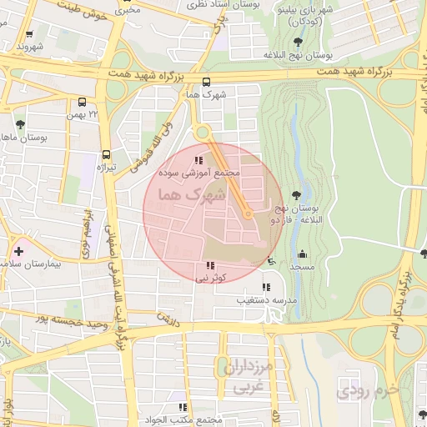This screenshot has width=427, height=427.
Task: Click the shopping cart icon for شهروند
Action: pos(30,35)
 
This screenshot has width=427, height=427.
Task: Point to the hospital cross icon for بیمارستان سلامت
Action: pos(18,250)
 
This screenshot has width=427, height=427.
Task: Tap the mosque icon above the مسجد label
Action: pos(301,254)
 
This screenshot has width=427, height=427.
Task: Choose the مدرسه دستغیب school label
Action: pos(266,299)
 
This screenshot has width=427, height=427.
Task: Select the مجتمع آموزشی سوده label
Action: pos(198,173)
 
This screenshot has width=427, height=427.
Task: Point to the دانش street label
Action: pos(168,318)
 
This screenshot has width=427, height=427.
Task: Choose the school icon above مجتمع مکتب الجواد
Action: pos(196,408)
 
